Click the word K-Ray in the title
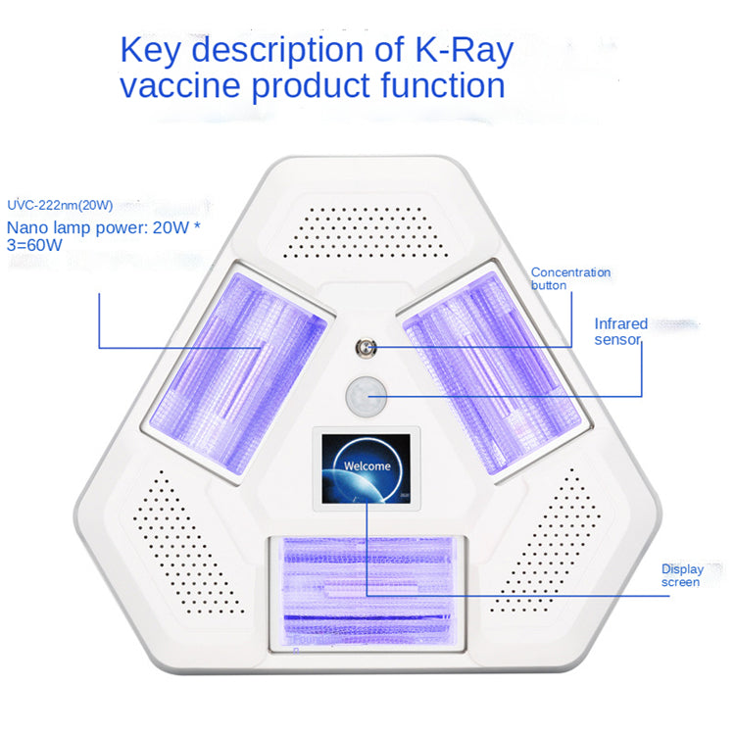(465, 50)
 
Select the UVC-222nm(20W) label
(60, 206)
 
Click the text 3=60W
(34, 245)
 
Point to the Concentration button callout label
(570, 279)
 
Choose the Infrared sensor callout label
(620, 331)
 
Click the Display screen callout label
(682, 575)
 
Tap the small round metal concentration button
(366, 348)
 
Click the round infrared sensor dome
(367, 396)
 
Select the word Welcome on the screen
(367, 465)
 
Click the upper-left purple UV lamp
(237, 372)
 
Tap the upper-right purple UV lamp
(493, 372)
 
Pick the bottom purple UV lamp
(367, 594)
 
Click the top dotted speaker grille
(366, 232)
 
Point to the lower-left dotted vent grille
(187, 543)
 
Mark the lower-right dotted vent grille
(546, 540)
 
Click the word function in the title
(443, 85)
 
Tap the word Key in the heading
(151, 51)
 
